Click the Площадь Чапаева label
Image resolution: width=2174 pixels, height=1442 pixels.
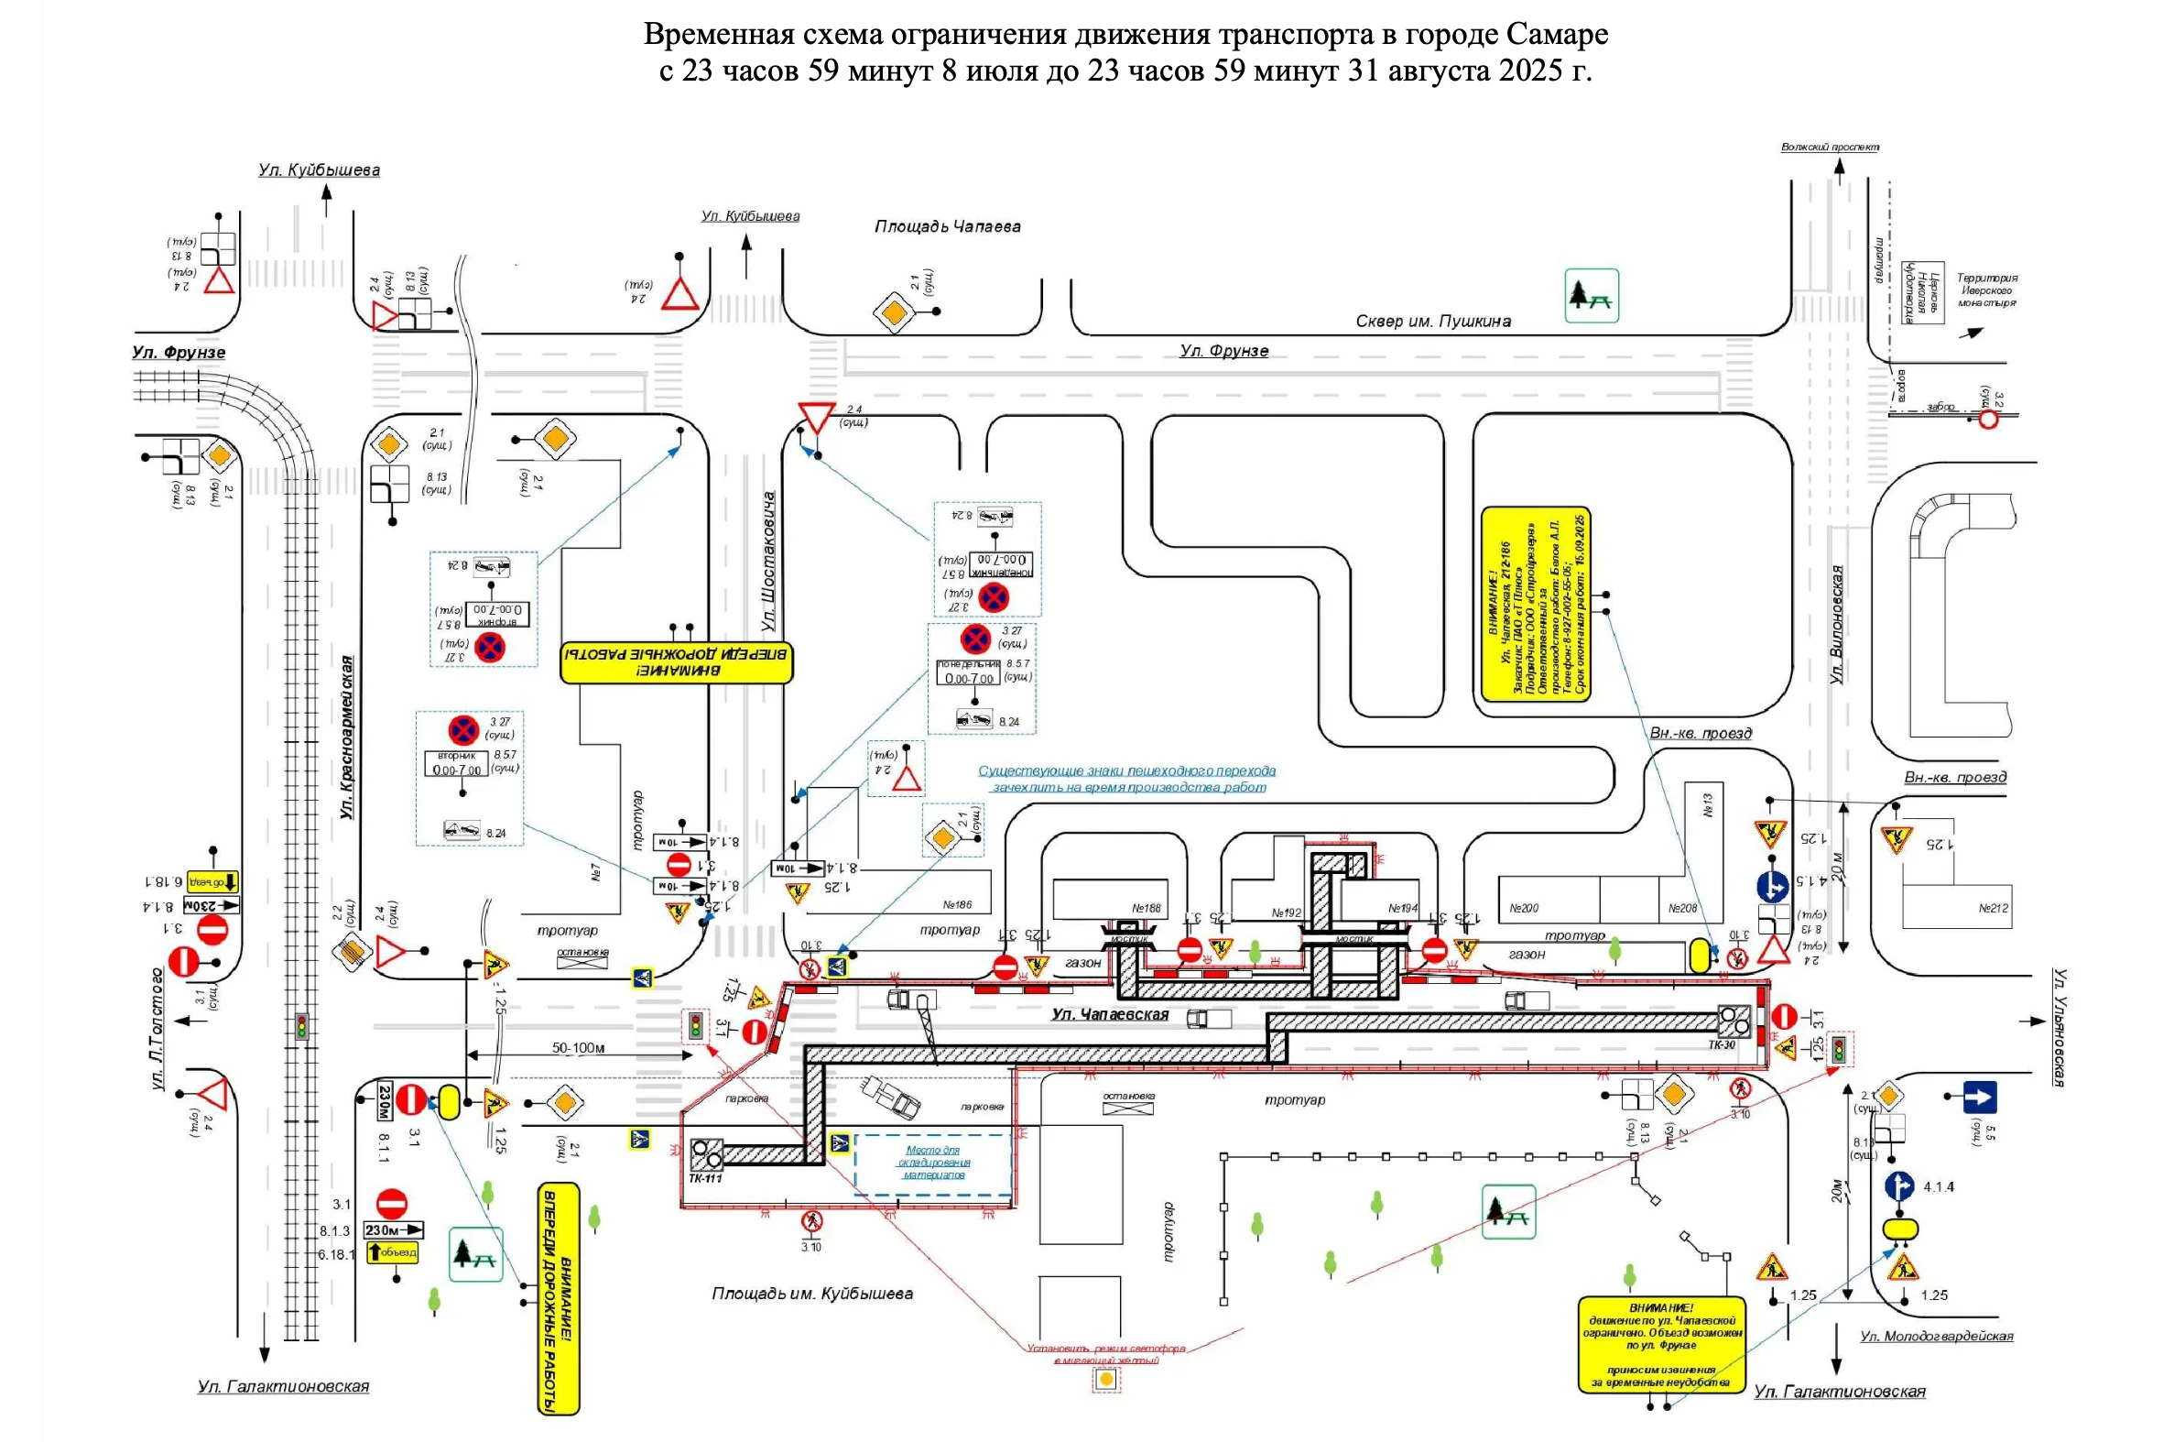click(x=947, y=226)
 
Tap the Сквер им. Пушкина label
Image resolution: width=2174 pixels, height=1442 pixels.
click(x=1432, y=321)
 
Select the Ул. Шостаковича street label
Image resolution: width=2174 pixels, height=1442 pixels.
click(x=768, y=561)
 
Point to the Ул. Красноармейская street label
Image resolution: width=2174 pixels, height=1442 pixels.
click(x=346, y=737)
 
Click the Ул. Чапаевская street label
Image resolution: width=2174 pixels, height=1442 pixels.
click(x=1110, y=1014)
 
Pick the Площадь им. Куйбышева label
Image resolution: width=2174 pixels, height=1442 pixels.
click(x=811, y=1293)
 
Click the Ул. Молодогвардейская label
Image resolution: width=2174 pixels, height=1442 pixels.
click(x=1936, y=1336)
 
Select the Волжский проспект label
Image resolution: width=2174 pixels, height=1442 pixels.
click(x=1830, y=147)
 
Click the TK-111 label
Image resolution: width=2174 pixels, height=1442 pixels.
click(x=705, y=1179)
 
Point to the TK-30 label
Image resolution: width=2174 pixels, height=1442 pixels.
click(x=1722, y=1044)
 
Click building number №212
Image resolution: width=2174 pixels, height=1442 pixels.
click(x=1993, y=908)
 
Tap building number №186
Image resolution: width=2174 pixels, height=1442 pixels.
click(x=957, y=905)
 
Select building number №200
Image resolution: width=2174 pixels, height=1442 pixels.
click(x=1523, y=908)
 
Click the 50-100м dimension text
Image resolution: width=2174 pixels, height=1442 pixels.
click(x=578, y=1047)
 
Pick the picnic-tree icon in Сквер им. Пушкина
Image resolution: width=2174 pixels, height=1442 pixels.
click(x=1592, y=295)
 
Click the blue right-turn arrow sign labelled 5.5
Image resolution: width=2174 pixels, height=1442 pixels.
click(x=1979, y=1098)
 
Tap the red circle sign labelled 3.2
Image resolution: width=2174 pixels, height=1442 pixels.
click(x=1987, y=421)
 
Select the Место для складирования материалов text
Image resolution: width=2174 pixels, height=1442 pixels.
click(x=933, y=1163)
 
